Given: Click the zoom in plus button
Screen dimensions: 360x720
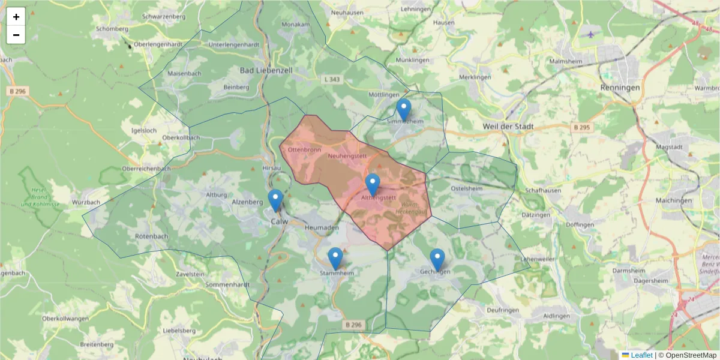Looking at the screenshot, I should click(16, 17).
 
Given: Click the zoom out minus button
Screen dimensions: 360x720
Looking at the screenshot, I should click(16, 35).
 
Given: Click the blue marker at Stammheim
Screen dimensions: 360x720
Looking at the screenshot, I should click(335, 259).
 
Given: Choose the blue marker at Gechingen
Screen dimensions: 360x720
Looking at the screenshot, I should click(437, 260).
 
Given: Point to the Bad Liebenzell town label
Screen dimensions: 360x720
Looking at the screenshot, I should click(266, 70).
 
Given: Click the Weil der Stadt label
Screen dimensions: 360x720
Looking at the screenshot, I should click(508, 127).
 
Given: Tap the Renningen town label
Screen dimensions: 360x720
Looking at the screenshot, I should click(620, 87).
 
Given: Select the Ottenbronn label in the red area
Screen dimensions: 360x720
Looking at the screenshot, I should click(304, 149).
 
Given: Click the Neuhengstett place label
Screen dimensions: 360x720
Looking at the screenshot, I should click(347, 156).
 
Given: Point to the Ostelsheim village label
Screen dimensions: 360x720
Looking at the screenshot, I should click(466, 188).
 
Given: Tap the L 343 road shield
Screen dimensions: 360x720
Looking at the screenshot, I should click(331, 79).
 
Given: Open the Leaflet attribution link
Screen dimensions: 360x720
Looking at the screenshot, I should click(641, 355).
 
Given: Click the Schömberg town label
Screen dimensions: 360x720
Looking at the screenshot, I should click(112, 29).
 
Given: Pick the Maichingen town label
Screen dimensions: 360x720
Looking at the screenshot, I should click(674, 200).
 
